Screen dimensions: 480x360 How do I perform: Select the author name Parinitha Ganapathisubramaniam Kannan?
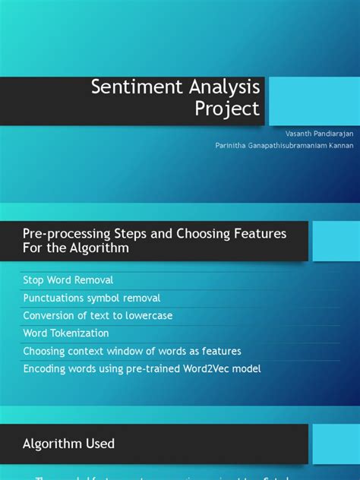285,144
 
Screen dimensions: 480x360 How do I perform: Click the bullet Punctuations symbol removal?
92,298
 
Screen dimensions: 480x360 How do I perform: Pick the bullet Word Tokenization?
66,333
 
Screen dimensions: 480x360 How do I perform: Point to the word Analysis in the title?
219,87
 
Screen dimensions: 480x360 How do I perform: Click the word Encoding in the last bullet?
45,368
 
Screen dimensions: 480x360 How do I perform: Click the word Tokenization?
81,333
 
